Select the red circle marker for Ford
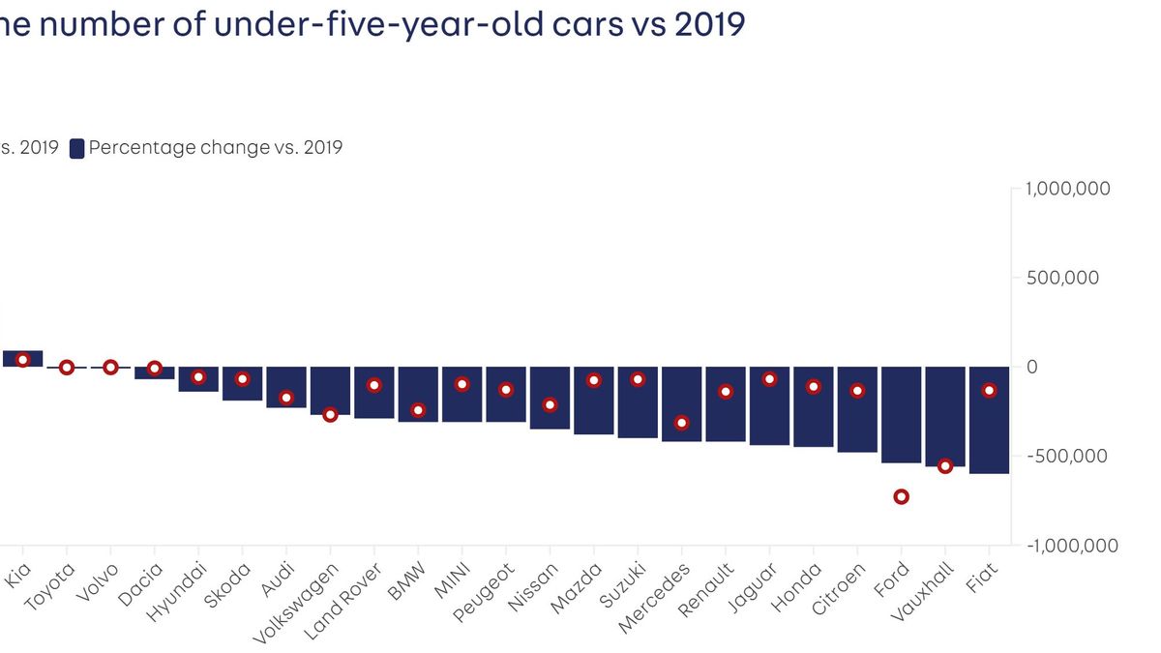[902, 496]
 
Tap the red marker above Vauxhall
[945, 466]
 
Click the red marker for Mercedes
[682, 423]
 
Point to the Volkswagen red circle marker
[330, 415]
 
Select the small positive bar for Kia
[22, 359]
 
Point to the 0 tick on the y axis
[1032, 367]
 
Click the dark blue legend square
[76, 148]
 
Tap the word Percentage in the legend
[133, 148]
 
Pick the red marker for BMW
[418, 410]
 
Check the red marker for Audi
[286, 398]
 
